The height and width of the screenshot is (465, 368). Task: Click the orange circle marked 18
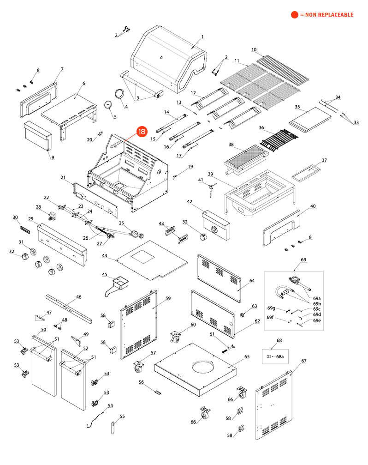click(x=141, y=132)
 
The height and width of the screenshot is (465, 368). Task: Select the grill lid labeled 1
click(x=168, y=58)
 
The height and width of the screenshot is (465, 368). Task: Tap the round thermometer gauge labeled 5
click(x=109, y=104)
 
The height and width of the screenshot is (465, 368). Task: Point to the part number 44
click(x=105, y=255)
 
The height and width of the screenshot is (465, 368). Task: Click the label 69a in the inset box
click(x=317, y=298)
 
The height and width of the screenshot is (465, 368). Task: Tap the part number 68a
click(x=279, y=356)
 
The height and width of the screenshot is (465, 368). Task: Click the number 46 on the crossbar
click(x=78, y=297)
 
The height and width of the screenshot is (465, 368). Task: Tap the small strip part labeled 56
click(x=157, y=392)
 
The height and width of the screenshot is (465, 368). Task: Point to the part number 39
click(x=210, y=174)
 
